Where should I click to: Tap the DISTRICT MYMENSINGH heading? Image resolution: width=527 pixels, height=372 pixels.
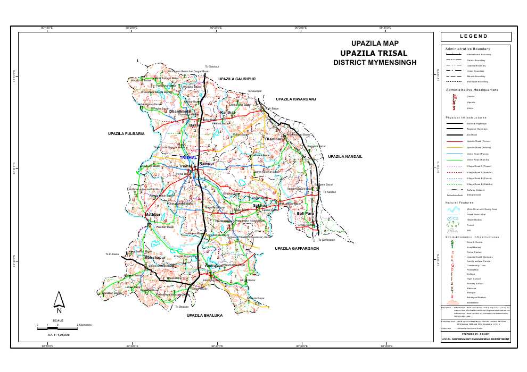[x=375, y=62]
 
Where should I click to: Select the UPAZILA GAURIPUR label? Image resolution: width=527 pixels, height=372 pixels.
[x=237, y=79]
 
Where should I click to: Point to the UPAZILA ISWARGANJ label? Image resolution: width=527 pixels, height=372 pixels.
[x=296, y=99]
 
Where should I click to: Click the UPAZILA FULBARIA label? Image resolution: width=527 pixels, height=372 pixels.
[x=126, y=133]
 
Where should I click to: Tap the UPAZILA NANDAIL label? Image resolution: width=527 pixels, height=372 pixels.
[x=345, y=156]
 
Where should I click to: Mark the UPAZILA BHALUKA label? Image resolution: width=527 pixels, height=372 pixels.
[x=204, y=316]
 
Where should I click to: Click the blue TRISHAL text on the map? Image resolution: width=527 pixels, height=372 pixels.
[x=188, y=157]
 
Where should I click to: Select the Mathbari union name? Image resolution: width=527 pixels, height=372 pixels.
[x=153, y=215]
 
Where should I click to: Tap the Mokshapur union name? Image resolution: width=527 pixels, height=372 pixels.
[x=155, y=257]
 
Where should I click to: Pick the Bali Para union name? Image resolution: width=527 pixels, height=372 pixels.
[x=306, y=213]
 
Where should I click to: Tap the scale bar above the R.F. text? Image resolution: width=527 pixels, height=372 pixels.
[x=58, y=329]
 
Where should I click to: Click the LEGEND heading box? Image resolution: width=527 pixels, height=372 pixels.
[x=476, y=37]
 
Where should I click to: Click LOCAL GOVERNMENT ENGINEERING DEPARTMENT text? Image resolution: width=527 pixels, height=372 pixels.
[x=476, y=339]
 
